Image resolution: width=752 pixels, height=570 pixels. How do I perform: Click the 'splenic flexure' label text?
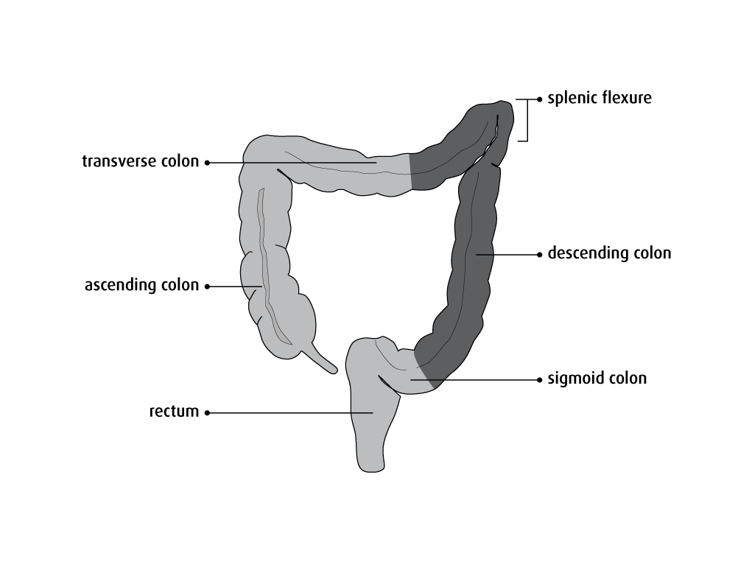[600, 98]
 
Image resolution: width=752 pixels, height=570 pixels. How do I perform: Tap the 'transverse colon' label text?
[140, 161]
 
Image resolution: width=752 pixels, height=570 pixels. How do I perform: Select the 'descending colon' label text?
[609, 254]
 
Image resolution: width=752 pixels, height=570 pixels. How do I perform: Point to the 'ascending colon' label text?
[141, 285]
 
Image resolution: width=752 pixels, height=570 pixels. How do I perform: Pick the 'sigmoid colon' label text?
[597, 379]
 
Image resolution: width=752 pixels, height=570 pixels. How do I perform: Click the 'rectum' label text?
[174, 412]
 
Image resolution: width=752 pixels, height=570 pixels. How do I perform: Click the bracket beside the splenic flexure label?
[525, 119]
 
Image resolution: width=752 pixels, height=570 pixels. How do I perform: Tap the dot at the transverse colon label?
[207, 162]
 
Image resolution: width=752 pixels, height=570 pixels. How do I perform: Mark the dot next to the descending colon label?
[540, 255]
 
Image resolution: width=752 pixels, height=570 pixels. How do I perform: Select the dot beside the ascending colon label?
[207, 286]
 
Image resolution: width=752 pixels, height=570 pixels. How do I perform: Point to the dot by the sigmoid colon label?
[540, 380]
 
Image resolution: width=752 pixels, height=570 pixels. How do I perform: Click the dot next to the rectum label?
[207, 413]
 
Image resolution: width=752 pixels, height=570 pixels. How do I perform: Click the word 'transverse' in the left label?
[118, 161]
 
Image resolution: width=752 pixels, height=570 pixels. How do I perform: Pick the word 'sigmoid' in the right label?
[574, 379]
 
